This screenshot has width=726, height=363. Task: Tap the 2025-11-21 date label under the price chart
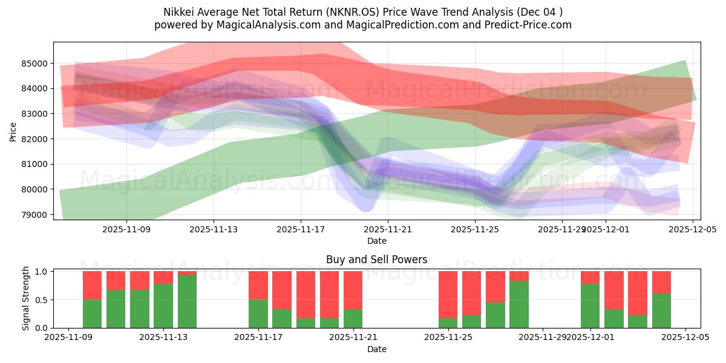tap(388, 230)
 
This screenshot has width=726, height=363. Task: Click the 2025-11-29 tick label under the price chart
tap(562, 230)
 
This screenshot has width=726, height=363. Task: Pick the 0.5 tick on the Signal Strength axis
tap(42, 300)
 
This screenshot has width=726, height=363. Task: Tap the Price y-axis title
tap(13, 131)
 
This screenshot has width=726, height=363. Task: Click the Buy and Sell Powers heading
tap(376, 260)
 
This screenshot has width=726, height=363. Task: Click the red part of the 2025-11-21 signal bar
tap(353, 290)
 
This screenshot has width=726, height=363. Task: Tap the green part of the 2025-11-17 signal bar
tap(258, 313)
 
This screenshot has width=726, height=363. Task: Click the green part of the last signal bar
tap(661, 310)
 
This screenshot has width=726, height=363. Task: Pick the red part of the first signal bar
tap(92, 285)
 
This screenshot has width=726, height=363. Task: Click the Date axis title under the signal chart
tap(376, 349)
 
